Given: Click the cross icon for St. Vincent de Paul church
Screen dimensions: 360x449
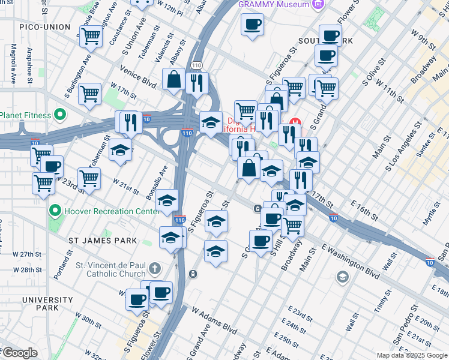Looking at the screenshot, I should (155, 268).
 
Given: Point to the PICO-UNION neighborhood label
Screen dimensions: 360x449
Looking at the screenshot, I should (44, 27).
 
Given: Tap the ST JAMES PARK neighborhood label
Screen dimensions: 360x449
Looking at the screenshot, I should (102, 241).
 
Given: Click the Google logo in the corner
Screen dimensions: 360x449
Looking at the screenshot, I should (19, 353).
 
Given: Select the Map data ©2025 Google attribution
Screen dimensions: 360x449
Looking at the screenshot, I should (411, 355).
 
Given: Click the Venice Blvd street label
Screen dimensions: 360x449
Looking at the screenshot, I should (139, 77).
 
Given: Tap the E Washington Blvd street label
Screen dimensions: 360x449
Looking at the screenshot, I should (351, 261).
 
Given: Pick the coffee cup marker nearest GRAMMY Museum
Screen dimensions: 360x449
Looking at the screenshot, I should (252, 25).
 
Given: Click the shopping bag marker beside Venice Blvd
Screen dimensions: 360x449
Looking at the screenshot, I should (173, 79).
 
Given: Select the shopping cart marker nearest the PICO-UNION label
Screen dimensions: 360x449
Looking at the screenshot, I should (91, 36).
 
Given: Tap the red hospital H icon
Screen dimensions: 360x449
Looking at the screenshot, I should (294, 129).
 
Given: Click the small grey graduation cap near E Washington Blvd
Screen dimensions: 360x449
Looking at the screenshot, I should (342, 277).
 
